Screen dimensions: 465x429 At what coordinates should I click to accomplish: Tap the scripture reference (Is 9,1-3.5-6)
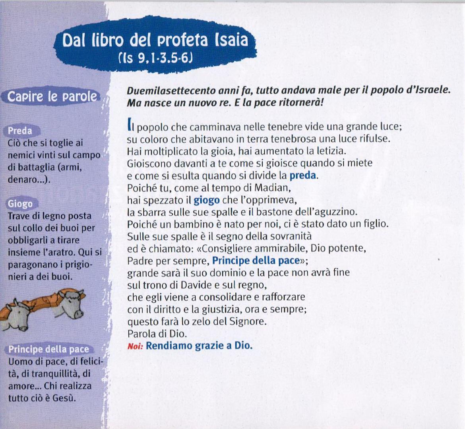coord(155,58)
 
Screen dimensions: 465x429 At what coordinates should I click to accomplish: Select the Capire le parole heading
coord(52,97)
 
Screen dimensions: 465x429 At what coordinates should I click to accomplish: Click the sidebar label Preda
coord(20,131)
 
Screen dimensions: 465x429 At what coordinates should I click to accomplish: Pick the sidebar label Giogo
coord(20,204)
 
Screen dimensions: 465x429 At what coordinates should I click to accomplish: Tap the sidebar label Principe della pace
coord(48,349)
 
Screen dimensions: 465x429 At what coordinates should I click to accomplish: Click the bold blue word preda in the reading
coord(302,176)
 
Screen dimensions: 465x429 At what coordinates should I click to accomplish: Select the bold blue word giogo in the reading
coord(207,201)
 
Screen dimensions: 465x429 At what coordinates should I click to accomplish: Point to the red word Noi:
coord(135,346)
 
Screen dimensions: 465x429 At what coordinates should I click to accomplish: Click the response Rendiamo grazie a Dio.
coord(199,346)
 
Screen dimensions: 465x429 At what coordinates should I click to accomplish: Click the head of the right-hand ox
coord(71,303)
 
